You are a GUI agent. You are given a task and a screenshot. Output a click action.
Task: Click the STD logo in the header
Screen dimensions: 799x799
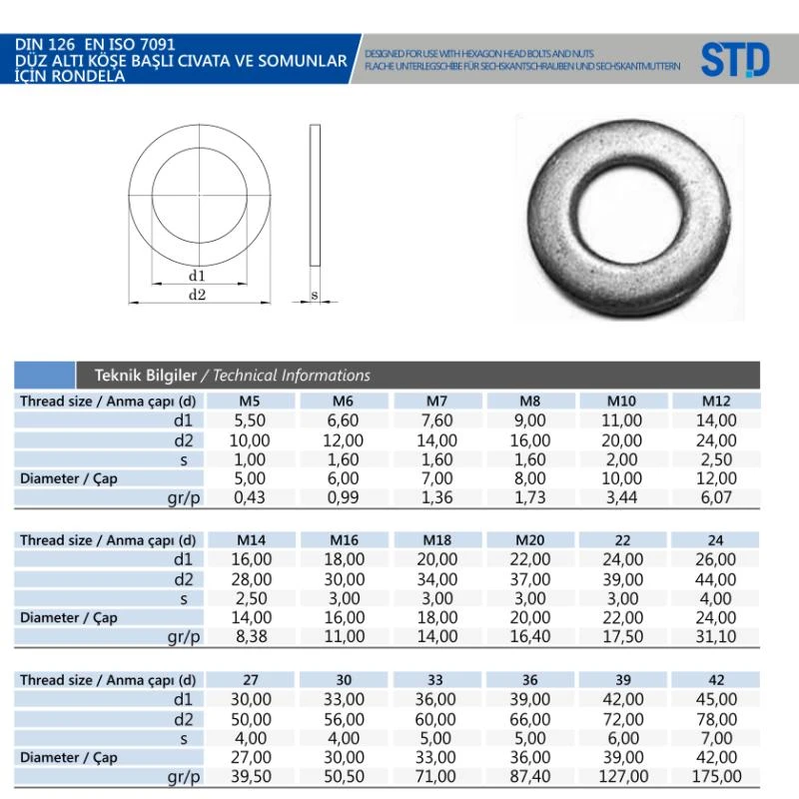click(735, 60)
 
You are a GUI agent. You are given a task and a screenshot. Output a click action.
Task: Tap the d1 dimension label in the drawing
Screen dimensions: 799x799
click(197, 276)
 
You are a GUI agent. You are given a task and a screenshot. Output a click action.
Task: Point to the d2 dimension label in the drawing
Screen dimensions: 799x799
click(197, 295)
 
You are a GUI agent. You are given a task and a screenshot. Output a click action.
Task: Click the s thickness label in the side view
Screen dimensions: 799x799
click(315, 295)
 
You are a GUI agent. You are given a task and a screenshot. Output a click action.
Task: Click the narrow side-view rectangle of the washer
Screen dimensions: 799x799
click(315, 195)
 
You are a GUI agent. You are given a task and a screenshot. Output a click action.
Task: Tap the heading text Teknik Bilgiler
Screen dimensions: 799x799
click(145, 376)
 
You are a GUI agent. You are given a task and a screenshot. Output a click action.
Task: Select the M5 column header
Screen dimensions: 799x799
click(250, 401)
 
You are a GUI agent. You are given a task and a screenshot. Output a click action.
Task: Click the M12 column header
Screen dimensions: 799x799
click(716, 401)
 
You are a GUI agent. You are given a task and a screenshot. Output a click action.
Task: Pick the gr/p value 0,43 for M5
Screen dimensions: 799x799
click(250, 497)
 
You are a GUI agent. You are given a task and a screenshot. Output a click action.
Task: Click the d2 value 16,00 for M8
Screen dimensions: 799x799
click(530, 440)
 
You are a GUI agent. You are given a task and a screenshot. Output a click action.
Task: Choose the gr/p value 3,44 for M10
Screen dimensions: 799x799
click(621, 497)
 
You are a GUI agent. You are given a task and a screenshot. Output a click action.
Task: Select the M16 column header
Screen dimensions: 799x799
click(344, 540)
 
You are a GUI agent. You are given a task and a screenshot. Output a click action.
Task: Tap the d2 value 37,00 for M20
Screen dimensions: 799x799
click(530, 579)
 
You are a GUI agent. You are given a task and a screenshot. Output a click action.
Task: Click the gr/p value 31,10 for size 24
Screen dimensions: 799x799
click(716, 636)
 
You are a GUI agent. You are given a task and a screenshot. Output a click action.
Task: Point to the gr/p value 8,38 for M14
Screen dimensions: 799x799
click(252, 636)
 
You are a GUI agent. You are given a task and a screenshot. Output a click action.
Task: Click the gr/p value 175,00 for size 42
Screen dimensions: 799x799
click(716, 777)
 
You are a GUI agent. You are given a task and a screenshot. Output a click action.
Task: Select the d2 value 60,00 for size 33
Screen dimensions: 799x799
click(435, 719)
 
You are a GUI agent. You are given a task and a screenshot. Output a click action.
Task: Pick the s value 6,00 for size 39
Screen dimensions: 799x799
click(623, 738)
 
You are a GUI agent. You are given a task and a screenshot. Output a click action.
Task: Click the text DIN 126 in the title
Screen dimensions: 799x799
click(45, 44)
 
